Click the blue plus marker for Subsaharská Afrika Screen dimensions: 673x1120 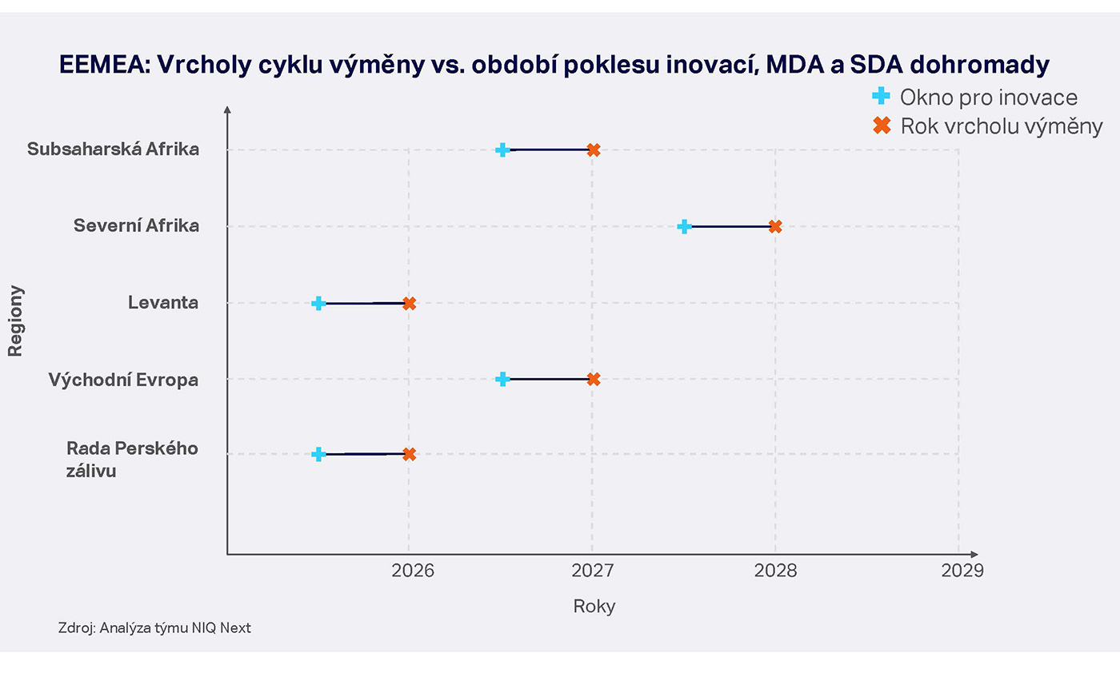pos(502,149)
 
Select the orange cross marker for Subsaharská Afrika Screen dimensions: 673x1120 pos(593,149)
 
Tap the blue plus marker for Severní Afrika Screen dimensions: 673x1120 pos(684,226)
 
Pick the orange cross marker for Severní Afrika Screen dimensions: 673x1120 pos(774,226)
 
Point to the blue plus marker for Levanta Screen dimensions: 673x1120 pos(318,303)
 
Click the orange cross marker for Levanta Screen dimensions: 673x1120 pos(409,303)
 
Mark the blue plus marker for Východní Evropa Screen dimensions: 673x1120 pos(502,379)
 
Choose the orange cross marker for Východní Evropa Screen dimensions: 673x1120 pos(593,379)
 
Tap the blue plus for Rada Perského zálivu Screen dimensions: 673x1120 pos(318,454)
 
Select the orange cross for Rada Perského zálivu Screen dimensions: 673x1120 pos(409,454)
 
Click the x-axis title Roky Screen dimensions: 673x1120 pos(594,606)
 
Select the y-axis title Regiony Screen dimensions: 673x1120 pos(16,321)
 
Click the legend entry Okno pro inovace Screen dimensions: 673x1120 pos(988,98)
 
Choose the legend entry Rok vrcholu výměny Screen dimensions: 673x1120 pos(1001,126)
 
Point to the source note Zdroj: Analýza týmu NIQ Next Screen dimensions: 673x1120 pos(154,628)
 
